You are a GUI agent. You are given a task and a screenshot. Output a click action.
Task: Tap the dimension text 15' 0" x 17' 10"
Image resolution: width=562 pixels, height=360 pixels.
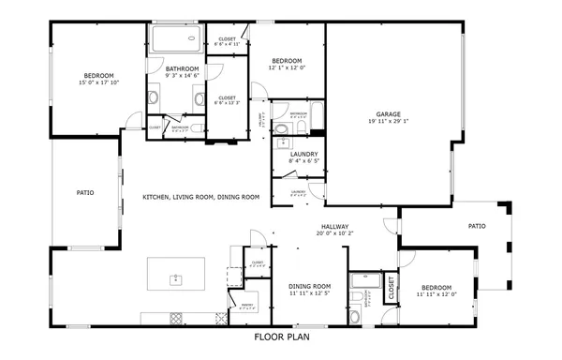tap(98, 83)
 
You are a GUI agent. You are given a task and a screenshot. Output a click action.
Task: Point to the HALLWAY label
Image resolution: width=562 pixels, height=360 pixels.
tap(334, 227)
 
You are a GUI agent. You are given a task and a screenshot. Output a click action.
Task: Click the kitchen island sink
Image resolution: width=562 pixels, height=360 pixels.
tap(175, 278)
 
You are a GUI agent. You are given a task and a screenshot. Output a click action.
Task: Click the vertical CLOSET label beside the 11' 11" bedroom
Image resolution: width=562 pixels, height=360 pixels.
tap(391, 290)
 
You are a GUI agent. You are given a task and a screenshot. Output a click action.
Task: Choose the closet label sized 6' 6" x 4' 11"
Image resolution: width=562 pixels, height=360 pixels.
tap(227, 42)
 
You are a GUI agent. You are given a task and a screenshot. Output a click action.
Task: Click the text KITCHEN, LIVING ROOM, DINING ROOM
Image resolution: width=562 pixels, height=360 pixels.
tap(200, 197)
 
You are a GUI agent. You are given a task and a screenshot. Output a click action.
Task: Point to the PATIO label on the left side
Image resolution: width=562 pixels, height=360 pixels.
tap(84, 193)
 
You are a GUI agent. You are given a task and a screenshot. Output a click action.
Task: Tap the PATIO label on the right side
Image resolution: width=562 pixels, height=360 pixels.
tap(477, 226)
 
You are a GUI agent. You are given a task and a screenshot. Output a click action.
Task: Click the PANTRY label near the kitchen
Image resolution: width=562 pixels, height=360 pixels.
tap(247, 306)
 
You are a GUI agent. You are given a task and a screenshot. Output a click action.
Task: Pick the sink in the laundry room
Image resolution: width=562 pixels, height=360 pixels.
tap(282, 143)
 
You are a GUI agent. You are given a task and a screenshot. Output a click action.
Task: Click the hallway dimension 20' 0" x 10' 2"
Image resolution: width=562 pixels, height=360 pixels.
tap(334, 234)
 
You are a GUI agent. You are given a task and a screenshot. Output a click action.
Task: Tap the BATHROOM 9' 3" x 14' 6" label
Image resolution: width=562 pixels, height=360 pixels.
tap(182, 68)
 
